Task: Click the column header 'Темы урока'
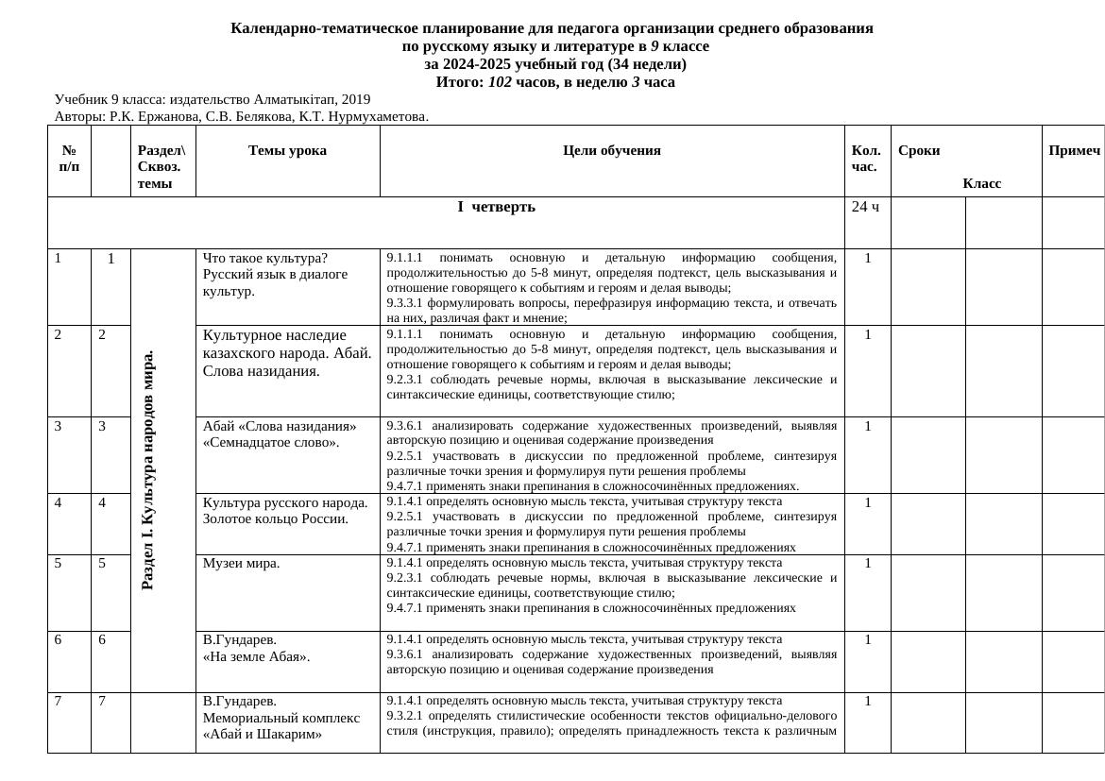click(x=287, y=150)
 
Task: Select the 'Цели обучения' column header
click(x=611, y=150)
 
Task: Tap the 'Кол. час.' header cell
click(x=866, y=159)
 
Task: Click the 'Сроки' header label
click(x=919, y=150)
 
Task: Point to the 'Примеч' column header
click(x=1074, y=150)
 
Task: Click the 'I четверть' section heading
click(x=497, y=207)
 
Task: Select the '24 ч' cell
click(x=865, y=207)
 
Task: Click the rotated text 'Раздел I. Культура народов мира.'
click(x=147, y=469)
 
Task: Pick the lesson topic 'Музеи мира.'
click(x=242, y=564)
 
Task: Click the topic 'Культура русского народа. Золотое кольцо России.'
click(x=285, y=511)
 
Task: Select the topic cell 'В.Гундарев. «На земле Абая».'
click(x=256, y=648)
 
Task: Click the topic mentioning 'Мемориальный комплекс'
click(x=281, y=718)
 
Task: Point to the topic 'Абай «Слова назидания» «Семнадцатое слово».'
click(x=280, y=434)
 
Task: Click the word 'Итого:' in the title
click(x=460, y=82)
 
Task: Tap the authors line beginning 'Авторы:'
click(x=242, y=117)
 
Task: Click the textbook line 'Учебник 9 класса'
click(x=212, y=99)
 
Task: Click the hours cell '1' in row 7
click(x=867, y=701)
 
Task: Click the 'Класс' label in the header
click(x=981, y=183)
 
